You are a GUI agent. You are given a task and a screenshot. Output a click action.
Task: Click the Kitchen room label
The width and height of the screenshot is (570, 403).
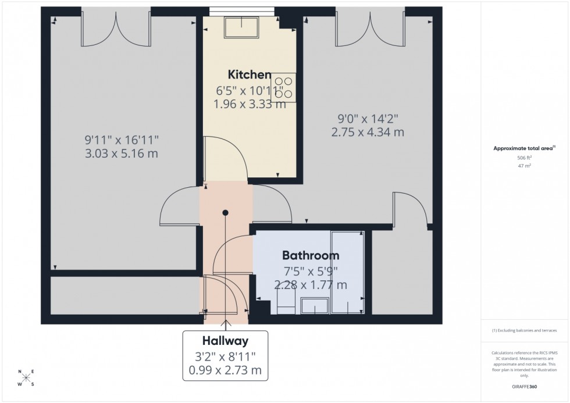click(249, 74)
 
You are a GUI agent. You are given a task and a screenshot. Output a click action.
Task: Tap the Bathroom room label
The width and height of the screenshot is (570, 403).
click(311, 255)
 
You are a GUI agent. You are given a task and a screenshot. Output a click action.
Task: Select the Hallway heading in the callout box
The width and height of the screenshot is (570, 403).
click(226, 340)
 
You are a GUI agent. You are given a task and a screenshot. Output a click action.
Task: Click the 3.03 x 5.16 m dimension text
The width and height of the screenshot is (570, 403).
click(122, 154)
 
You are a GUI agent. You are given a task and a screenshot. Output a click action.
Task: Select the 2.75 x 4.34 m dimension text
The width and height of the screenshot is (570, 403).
click(367, 132)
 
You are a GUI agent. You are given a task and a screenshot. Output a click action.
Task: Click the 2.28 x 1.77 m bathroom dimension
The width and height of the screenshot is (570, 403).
click(311, 285)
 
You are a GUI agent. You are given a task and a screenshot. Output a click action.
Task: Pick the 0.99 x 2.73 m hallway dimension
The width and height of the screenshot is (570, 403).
click(226, 370)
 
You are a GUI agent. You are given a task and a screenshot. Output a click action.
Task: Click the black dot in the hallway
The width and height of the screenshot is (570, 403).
click(225, 213)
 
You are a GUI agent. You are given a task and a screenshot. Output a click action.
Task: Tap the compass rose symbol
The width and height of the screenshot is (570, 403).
click(26, 378)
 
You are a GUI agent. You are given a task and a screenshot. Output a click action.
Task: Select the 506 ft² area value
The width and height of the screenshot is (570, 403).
click(525, 158)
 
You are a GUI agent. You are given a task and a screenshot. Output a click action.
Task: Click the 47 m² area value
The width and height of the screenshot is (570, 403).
click(525, 166)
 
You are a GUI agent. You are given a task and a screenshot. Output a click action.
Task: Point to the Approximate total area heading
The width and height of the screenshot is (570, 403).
click(524, 148)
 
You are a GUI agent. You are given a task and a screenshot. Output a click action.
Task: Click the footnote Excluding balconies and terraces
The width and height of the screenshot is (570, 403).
click(525, 330)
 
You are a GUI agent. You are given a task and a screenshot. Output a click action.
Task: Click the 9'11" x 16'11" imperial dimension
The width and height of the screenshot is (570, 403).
click(122, 140)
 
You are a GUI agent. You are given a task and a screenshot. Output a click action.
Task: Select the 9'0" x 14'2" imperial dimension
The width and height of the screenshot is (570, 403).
click(367, 119)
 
